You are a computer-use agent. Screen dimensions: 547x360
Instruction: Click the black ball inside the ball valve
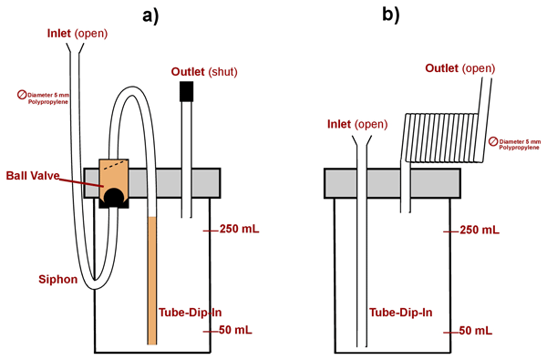(114, 196)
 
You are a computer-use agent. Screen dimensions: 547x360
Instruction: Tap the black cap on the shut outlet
(186, 91)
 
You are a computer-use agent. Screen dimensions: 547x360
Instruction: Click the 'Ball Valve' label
(33, 176)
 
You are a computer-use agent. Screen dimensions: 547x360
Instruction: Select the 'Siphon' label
(58, 280)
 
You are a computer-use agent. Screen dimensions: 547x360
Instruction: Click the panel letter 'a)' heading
(150, 16)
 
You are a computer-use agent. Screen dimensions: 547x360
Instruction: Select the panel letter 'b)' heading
(391, 15)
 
